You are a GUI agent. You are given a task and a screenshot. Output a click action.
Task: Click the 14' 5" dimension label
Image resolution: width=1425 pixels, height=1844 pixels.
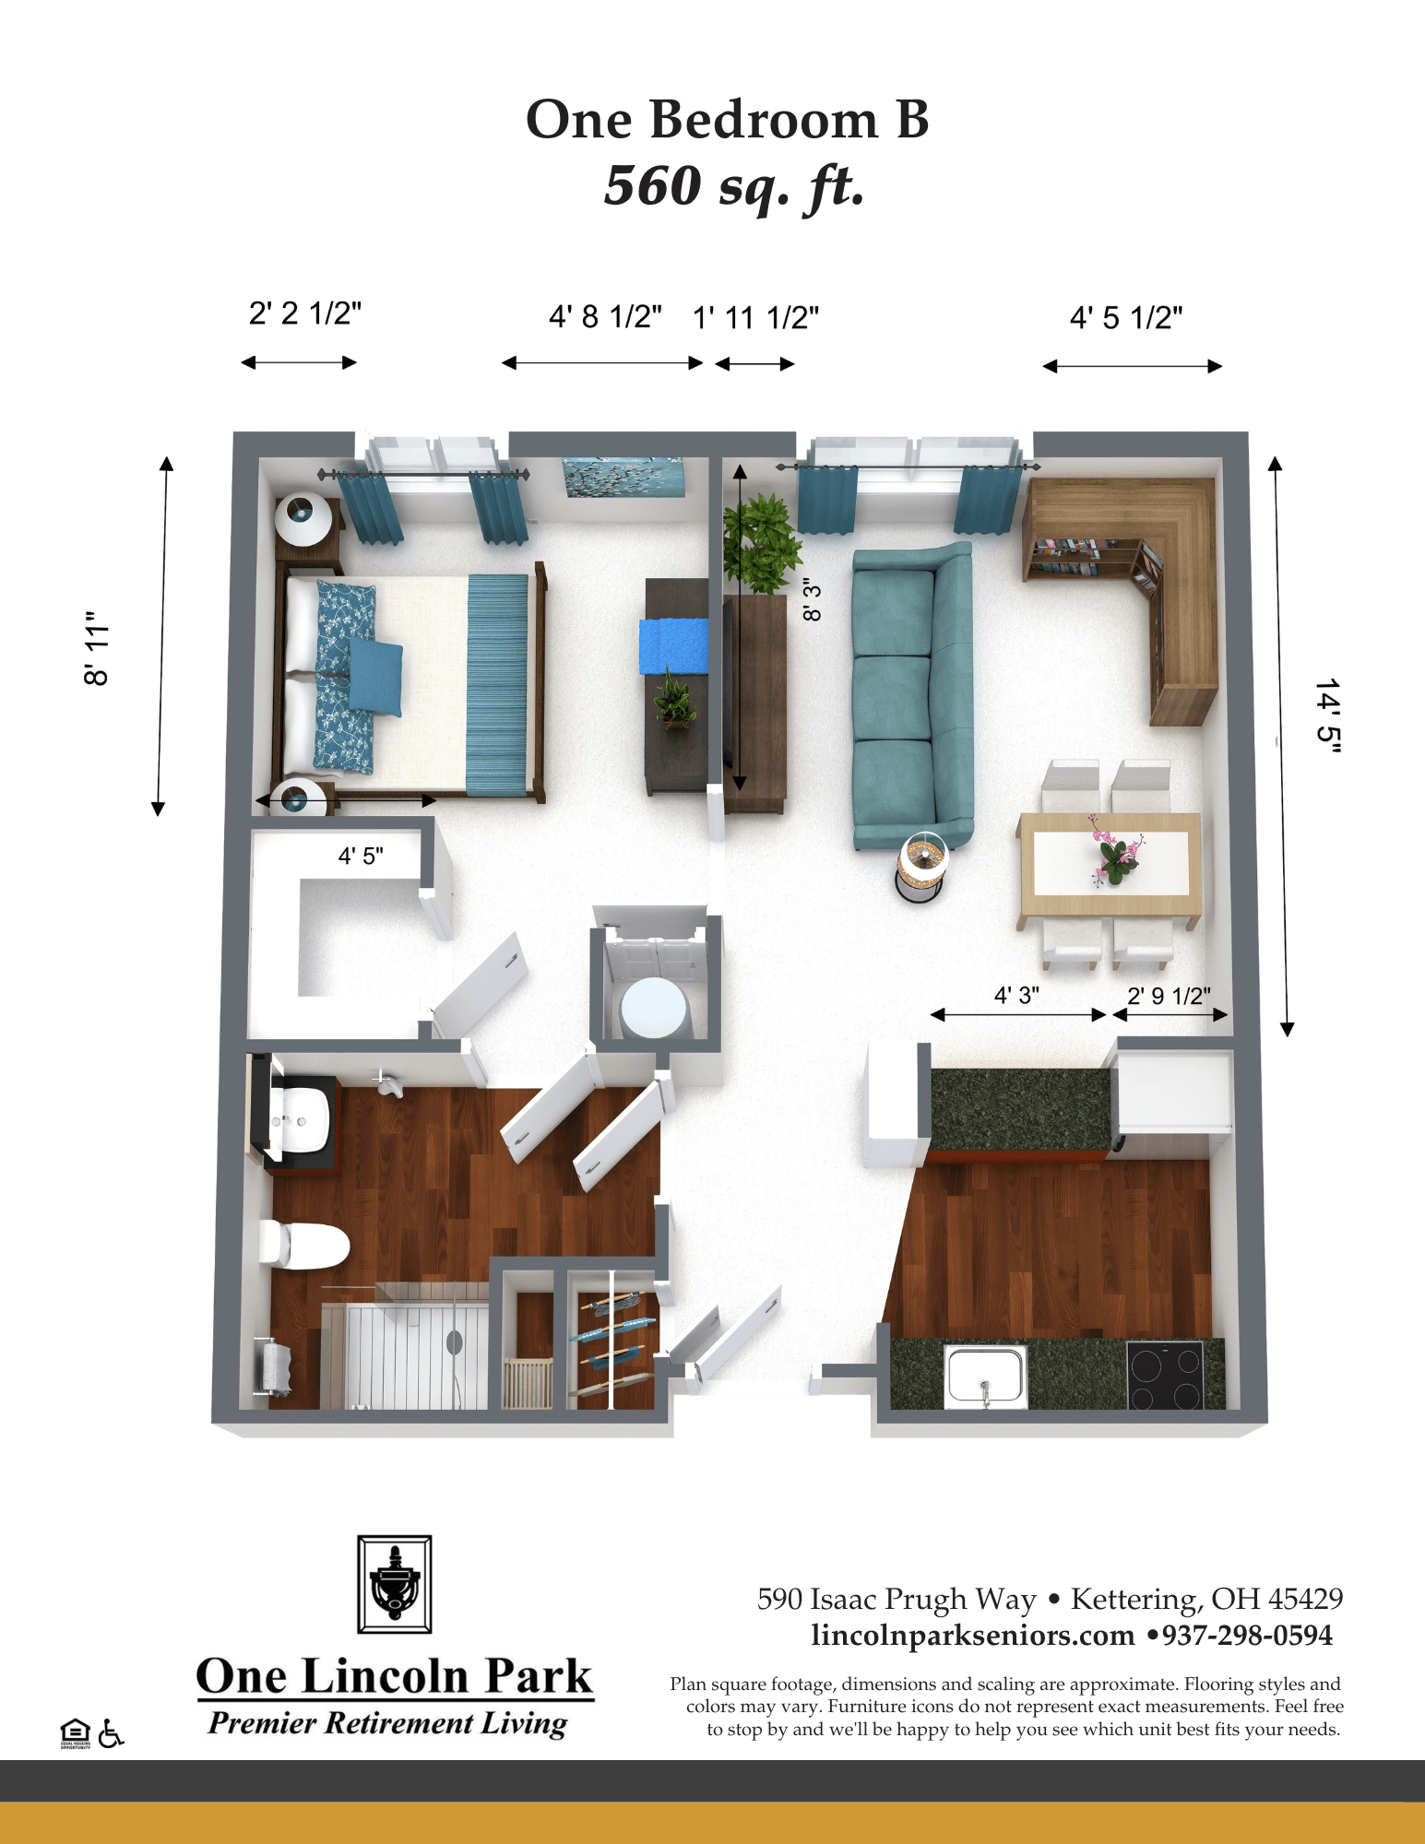(x=1327, y=716)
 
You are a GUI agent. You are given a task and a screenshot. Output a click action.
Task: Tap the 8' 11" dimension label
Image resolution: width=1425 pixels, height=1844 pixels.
(x=97, y=648)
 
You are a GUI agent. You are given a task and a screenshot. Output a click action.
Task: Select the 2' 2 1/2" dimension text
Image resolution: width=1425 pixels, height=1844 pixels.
(x=305, y=313)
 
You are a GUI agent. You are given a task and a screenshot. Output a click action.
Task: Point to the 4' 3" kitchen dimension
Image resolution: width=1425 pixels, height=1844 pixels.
(x=1016, y=995)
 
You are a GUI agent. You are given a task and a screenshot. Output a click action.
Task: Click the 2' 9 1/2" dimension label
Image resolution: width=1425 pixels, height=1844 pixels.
(x=1169, y=996)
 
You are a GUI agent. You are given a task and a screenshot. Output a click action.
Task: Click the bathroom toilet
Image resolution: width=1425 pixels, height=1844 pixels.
(x=303, y=1244)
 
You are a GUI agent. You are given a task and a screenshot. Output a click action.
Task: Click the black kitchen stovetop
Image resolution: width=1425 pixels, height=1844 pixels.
(x=1166, y=1375)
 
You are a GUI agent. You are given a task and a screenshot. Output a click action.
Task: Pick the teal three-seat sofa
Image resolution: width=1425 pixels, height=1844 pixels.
(x=912, y=695)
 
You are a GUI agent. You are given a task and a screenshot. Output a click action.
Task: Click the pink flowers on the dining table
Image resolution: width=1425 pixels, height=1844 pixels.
(x=1114, y=850)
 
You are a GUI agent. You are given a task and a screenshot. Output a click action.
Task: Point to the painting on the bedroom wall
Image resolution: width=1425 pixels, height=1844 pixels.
(x=623, y=478)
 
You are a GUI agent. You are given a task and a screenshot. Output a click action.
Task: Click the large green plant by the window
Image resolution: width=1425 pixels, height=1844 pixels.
(x=759, y=543)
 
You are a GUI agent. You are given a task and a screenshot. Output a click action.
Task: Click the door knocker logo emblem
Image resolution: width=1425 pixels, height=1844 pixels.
(x=395, y=1584)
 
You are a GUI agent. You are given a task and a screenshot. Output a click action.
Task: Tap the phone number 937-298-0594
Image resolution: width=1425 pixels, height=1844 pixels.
(x=1247, y=1636)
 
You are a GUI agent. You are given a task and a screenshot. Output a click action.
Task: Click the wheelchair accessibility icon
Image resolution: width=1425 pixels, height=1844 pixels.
(x=111, y=1732)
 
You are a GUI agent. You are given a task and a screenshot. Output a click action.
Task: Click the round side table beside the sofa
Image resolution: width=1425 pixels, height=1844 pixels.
(x=921, y=868)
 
